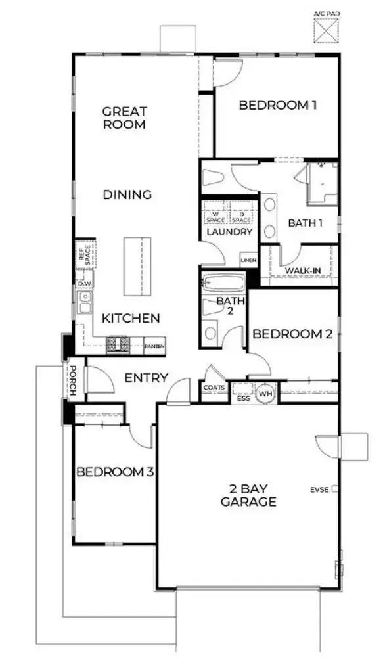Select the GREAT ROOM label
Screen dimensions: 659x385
coord(124,118)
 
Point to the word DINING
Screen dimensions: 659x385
coord(127,194)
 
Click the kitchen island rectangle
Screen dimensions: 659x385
coord(134,267)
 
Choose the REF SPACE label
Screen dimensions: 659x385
coord(84,254)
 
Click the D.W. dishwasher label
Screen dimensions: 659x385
coord(84,283)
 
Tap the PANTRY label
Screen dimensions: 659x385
coord(154,345)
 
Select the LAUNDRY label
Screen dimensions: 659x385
coord(229,232)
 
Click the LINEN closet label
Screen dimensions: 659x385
coord(249,261)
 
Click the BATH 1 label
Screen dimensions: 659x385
coord(306,223)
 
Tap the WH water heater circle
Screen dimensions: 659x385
coord(265,393)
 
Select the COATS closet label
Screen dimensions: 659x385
coord(215,388)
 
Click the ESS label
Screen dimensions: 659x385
coord(243,398)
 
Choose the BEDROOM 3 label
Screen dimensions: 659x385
coord(115,472)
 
